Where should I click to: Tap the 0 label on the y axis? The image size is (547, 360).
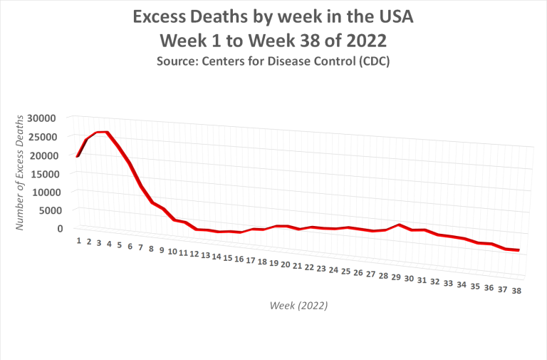click(x=61, y=229)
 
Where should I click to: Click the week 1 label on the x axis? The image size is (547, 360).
click(x=79, y=240)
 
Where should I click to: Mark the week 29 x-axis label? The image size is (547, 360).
click(x=396, y=277)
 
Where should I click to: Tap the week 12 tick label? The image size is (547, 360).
click(x=194, y=254)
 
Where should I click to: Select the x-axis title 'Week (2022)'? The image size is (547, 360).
click(x=298, y=306)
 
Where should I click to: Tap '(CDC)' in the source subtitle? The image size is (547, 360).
click(x=373, y=61)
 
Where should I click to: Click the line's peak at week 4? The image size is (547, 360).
click(x=107, y=132)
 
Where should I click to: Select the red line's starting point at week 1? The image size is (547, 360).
click(x=78, y=155)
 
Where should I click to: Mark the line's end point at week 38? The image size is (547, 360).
click(x=518, y=250)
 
